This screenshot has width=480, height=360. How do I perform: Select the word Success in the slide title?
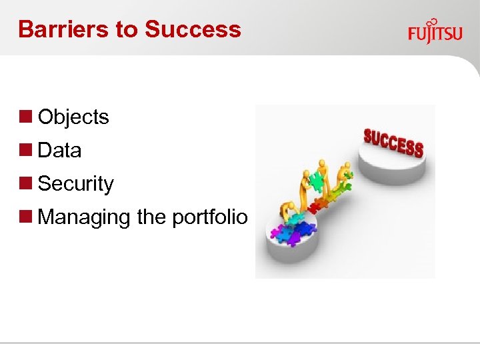pyautogui.click(x=193, y=29)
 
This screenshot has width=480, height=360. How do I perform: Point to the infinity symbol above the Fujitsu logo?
pyautogui.click(x=432, y=22)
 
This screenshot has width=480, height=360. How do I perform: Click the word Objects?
pyautogui.click(x=73, y=117)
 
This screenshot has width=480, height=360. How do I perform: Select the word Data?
pyautogui.click(x=59, y=151)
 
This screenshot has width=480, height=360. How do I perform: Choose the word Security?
pyautogui.click(x=75, y=184)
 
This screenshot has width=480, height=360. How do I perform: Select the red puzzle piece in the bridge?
pyautogui.click(x=313, y=207)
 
